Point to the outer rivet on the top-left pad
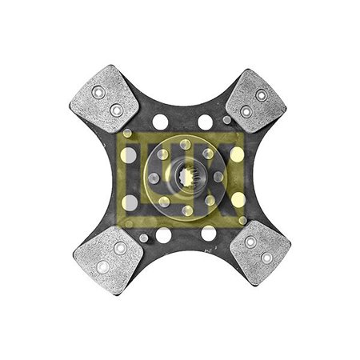tap(98, 92)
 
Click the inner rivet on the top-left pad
tap(117, 110)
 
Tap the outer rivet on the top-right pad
tap(260, 94)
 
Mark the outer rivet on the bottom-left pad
tap(102, 267)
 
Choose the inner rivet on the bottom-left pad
tap(120, 249)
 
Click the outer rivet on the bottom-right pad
tap(264, 258)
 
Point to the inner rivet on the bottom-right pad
tap(250, 242)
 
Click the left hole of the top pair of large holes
tap(161, 122)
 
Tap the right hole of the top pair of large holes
tap(206, 122)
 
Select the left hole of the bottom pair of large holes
tap(163, 235)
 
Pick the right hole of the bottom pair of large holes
tap(208, 234)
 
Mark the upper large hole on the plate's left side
tap(129, 155)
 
